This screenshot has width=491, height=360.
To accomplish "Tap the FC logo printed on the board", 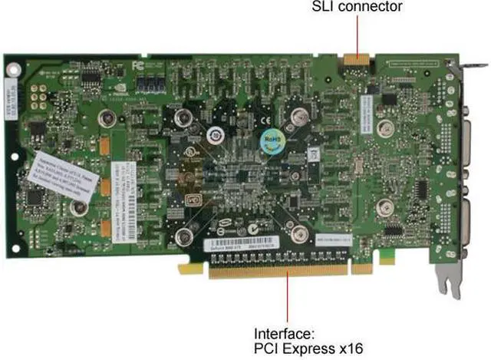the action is coord(138,66).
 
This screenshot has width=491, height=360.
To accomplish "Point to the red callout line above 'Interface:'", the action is coord(288,299).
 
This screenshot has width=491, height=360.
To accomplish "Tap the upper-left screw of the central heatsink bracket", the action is coord(183,117).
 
